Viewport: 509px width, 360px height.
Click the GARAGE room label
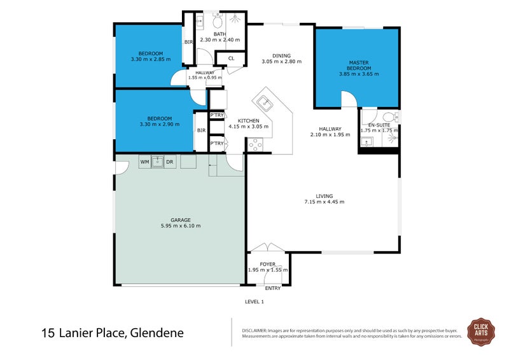(181, 219)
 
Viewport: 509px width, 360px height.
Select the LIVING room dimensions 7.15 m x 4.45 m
(324, 202)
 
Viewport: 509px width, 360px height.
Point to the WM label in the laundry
(144, 162)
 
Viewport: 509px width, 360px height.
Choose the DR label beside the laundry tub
(169, 162)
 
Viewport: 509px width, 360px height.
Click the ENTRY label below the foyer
(273, 288)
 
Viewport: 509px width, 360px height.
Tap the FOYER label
(268, 263)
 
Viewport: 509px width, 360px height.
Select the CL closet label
(231, 59)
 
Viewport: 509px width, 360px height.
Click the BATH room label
(220, 34)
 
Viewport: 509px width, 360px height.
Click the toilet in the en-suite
(390, 117)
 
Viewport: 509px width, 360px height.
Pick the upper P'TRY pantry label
(217, 115)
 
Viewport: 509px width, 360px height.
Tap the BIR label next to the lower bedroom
(201, 130)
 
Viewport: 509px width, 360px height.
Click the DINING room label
(281, 55)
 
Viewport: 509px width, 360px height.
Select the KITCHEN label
(248, 120)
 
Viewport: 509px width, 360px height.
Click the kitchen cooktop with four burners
(256, 145)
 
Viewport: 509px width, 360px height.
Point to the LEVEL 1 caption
(254, 302)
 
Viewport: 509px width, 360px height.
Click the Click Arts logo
(481, 331)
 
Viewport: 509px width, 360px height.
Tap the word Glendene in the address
(154, 333)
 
